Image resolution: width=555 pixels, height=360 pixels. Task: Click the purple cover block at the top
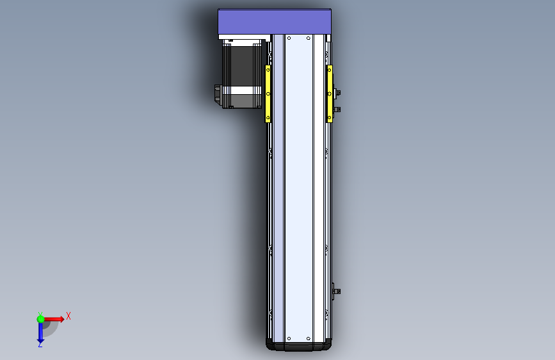pyautogui.click(x=275, y=22)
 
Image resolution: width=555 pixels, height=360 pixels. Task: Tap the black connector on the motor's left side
pyautogui.click(x=218, y=95)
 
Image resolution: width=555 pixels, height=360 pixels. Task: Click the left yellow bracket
pyautogui.click(x=268, y=94)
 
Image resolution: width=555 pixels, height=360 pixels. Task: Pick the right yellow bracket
pyautogui.click(x=330, y=94)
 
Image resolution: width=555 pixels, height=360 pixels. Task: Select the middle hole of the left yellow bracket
pyautogui.click(x=268, y=94)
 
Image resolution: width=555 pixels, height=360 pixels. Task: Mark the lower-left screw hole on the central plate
pyautogui.click(x=289, y=338)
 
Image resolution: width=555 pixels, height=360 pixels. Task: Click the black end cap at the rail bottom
pyautogui.click(x=299, y=347)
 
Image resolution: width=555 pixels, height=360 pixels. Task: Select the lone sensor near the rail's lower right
pyautogui.click(x=336, y=291)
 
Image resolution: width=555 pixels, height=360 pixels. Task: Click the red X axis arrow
pyautogui.click(x=54, y=318)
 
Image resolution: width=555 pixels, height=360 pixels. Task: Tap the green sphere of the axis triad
pyautogui.click(x=40, y=318)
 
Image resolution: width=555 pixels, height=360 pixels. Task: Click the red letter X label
pyautogui.click(x=68, y=316)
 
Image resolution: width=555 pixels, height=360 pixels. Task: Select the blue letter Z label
pyautogui.click(x=40, y=345)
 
